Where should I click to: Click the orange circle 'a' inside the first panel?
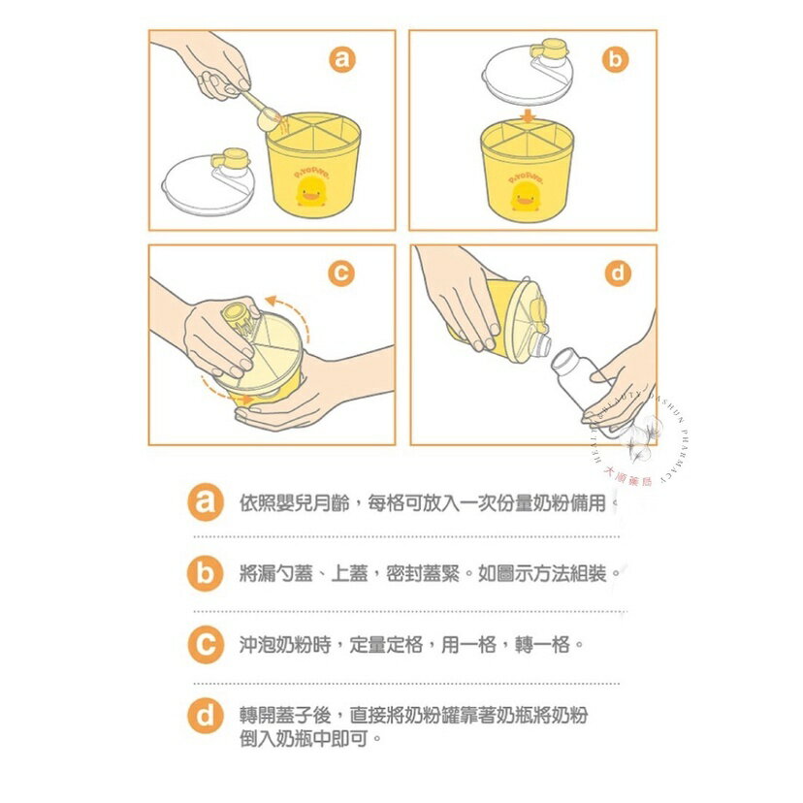click(x=340, y=60)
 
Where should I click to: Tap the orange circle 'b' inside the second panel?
click(x=615, y=60)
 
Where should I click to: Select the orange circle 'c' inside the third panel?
click(x=340, y=274)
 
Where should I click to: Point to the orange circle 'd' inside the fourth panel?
click(x=618, y=274)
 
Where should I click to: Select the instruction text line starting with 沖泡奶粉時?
click(x=408, y=644)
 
